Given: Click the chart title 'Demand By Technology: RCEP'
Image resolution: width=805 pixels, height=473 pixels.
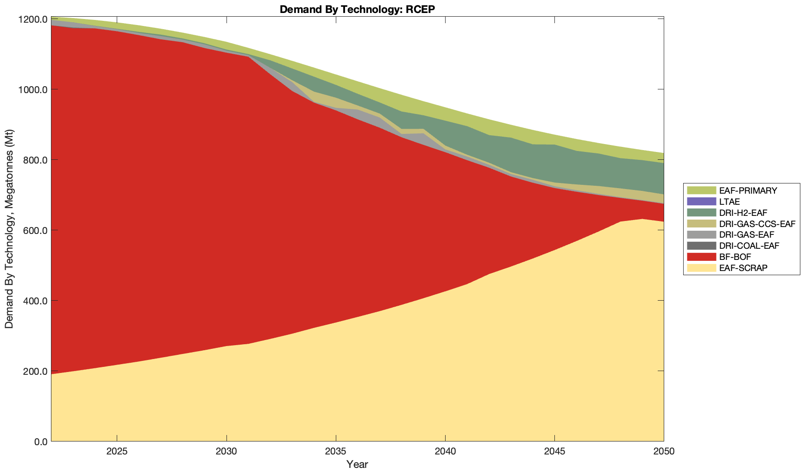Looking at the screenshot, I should click(357, 9).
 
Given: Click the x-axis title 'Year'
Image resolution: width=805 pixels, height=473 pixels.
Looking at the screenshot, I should click(357, 464).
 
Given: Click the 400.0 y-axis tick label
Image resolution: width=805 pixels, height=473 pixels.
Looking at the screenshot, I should click(35, 301).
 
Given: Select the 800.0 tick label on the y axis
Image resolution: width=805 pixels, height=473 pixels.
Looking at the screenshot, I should click(35, 160).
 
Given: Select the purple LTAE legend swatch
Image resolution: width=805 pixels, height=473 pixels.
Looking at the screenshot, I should click(702, 202).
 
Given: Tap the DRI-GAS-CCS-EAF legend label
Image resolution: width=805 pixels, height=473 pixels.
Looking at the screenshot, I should click(757, 224).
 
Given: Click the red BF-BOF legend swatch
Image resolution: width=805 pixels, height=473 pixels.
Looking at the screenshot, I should click(702, 257).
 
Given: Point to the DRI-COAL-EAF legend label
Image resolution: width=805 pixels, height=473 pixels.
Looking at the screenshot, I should click(749, 246).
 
